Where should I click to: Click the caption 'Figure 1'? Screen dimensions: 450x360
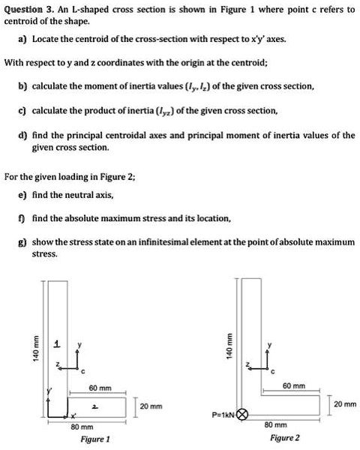(95, 439)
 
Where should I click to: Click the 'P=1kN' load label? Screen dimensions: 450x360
(223, 413)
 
